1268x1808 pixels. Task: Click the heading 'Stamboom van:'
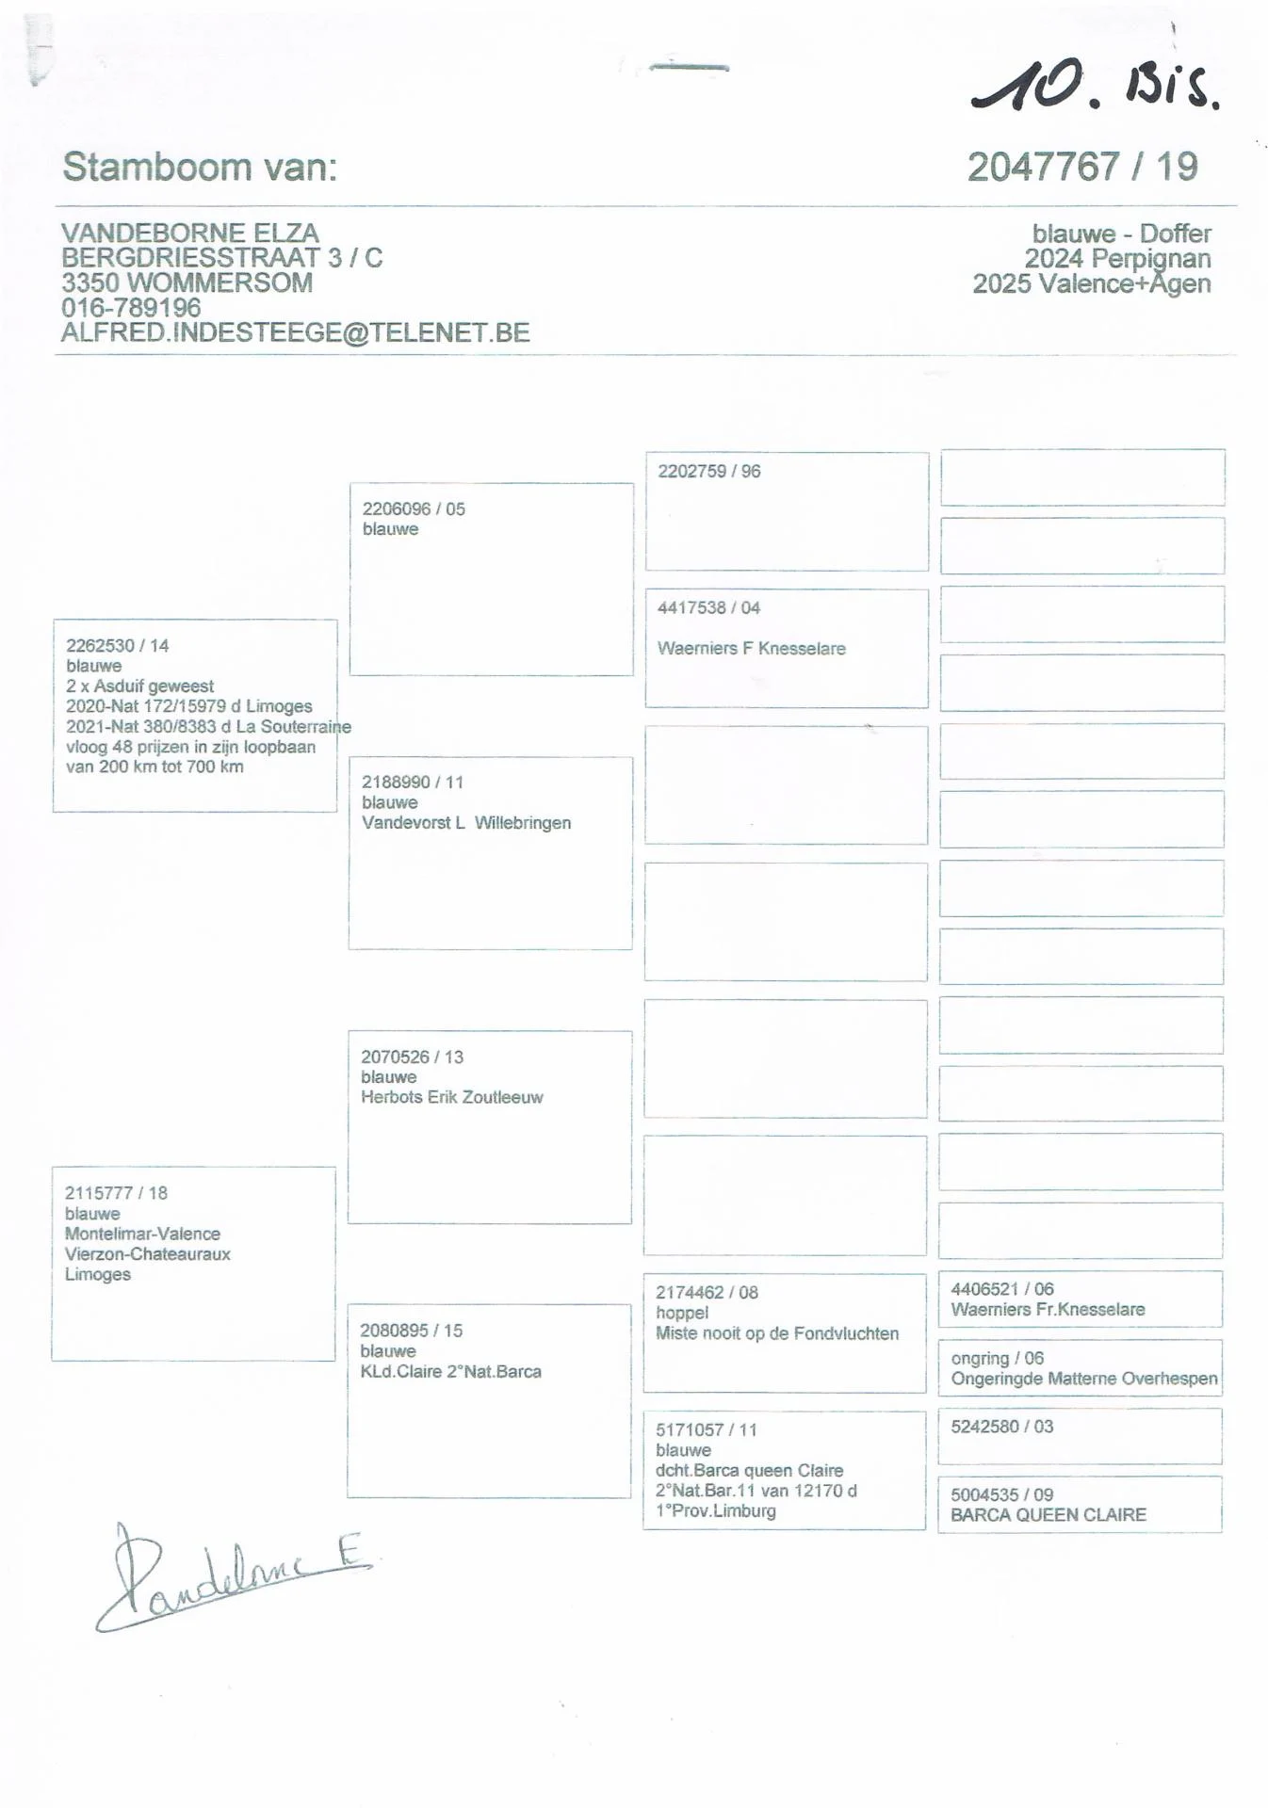200,168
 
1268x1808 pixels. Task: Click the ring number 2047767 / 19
1081,168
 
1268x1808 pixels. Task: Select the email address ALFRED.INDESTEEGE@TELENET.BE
295,332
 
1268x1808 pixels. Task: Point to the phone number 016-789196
131,307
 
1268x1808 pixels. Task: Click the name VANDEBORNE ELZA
190,233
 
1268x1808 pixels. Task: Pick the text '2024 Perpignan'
1117,258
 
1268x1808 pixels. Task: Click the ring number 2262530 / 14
117,645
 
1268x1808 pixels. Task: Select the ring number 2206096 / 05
414,508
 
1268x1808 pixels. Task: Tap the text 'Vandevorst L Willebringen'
466,822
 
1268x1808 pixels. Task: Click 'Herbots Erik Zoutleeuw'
452,1097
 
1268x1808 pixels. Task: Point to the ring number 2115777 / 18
116,1193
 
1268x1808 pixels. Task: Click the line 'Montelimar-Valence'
142,1234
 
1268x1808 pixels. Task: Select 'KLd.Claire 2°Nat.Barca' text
450,1371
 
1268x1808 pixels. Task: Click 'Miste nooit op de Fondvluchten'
777,1333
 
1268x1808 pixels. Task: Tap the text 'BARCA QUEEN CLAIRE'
1048,1514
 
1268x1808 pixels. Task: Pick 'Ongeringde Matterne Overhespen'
1083,1379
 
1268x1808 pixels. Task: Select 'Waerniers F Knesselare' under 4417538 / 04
751,648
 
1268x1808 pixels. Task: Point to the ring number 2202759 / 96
708,471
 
